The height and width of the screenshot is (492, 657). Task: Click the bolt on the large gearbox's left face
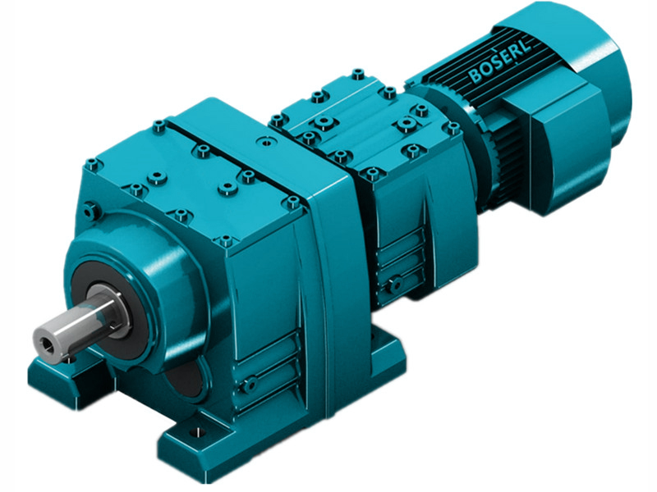pos(91,212)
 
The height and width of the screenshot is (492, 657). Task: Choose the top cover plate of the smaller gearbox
pos(361,123)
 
